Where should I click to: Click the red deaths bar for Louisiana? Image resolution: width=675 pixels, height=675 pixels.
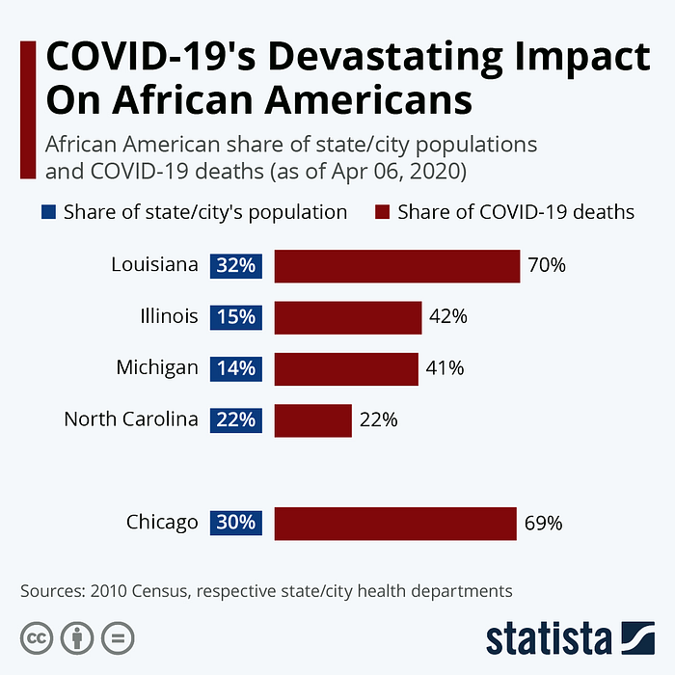397,265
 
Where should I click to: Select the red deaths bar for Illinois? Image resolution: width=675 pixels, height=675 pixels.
348,316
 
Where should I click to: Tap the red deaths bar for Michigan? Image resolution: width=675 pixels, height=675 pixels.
346,367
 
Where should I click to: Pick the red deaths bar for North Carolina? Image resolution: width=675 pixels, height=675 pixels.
313,419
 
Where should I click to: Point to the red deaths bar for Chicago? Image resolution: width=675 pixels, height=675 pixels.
395,523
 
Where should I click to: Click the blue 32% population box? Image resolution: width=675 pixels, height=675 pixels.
236,265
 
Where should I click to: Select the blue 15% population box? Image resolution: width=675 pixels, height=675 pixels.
236,316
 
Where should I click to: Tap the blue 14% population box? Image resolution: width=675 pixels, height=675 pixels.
236,367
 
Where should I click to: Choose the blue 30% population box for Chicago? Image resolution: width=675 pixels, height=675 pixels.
236,523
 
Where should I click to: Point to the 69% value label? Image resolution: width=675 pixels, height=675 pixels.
544,524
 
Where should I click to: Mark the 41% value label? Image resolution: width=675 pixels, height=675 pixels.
445,367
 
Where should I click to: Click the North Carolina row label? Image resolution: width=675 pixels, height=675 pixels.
131,419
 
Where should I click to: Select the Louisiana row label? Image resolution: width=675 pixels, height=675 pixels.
154,265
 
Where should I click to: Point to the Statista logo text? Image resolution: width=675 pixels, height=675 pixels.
548,638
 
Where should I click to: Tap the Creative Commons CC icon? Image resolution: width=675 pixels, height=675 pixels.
37,636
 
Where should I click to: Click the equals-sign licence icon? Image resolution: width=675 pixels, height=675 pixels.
118,636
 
